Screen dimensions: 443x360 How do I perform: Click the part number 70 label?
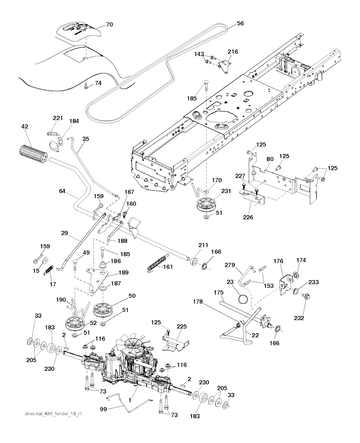tap(110, 25)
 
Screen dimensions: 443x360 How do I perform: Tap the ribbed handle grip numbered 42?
tap(32, 154)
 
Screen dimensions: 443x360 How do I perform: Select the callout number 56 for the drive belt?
tap(240, 23)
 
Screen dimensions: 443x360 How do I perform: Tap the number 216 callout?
tap(232, 52)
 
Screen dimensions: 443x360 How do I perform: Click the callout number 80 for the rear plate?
tap(270, 159)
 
